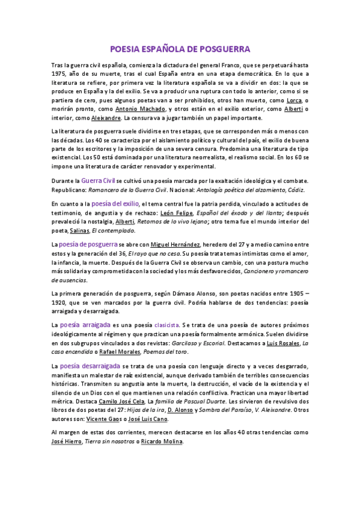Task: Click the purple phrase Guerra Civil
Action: click(99, 180)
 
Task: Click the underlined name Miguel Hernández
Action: click(179, 245)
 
